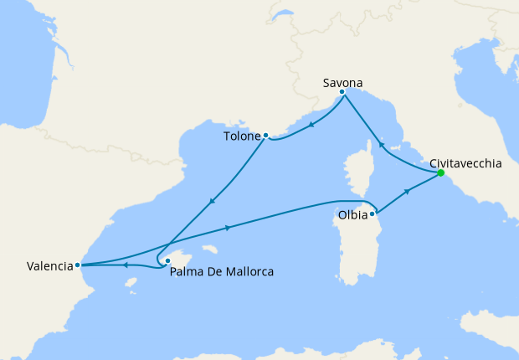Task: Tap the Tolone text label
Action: [x=242, y=136]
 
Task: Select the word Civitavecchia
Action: [x=465, y=164]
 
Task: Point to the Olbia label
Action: [x=351, y=214]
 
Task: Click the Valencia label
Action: [x=49, y=267]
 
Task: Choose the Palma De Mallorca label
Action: [x=221, y=271]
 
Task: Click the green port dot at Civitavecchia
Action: [x=440, y=173]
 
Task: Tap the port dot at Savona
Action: [x=342, y=92]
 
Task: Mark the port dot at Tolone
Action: [x=265, y=135]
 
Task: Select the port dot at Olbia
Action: [x=372, y=213]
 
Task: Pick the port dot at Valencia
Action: [x=77, y=265]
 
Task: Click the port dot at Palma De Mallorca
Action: [x=167, y=260]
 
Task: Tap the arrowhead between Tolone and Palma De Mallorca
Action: [x=212, y=201]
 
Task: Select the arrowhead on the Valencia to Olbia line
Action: [x=229, y=227]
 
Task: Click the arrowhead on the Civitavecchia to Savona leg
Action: [x=381, y=144]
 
